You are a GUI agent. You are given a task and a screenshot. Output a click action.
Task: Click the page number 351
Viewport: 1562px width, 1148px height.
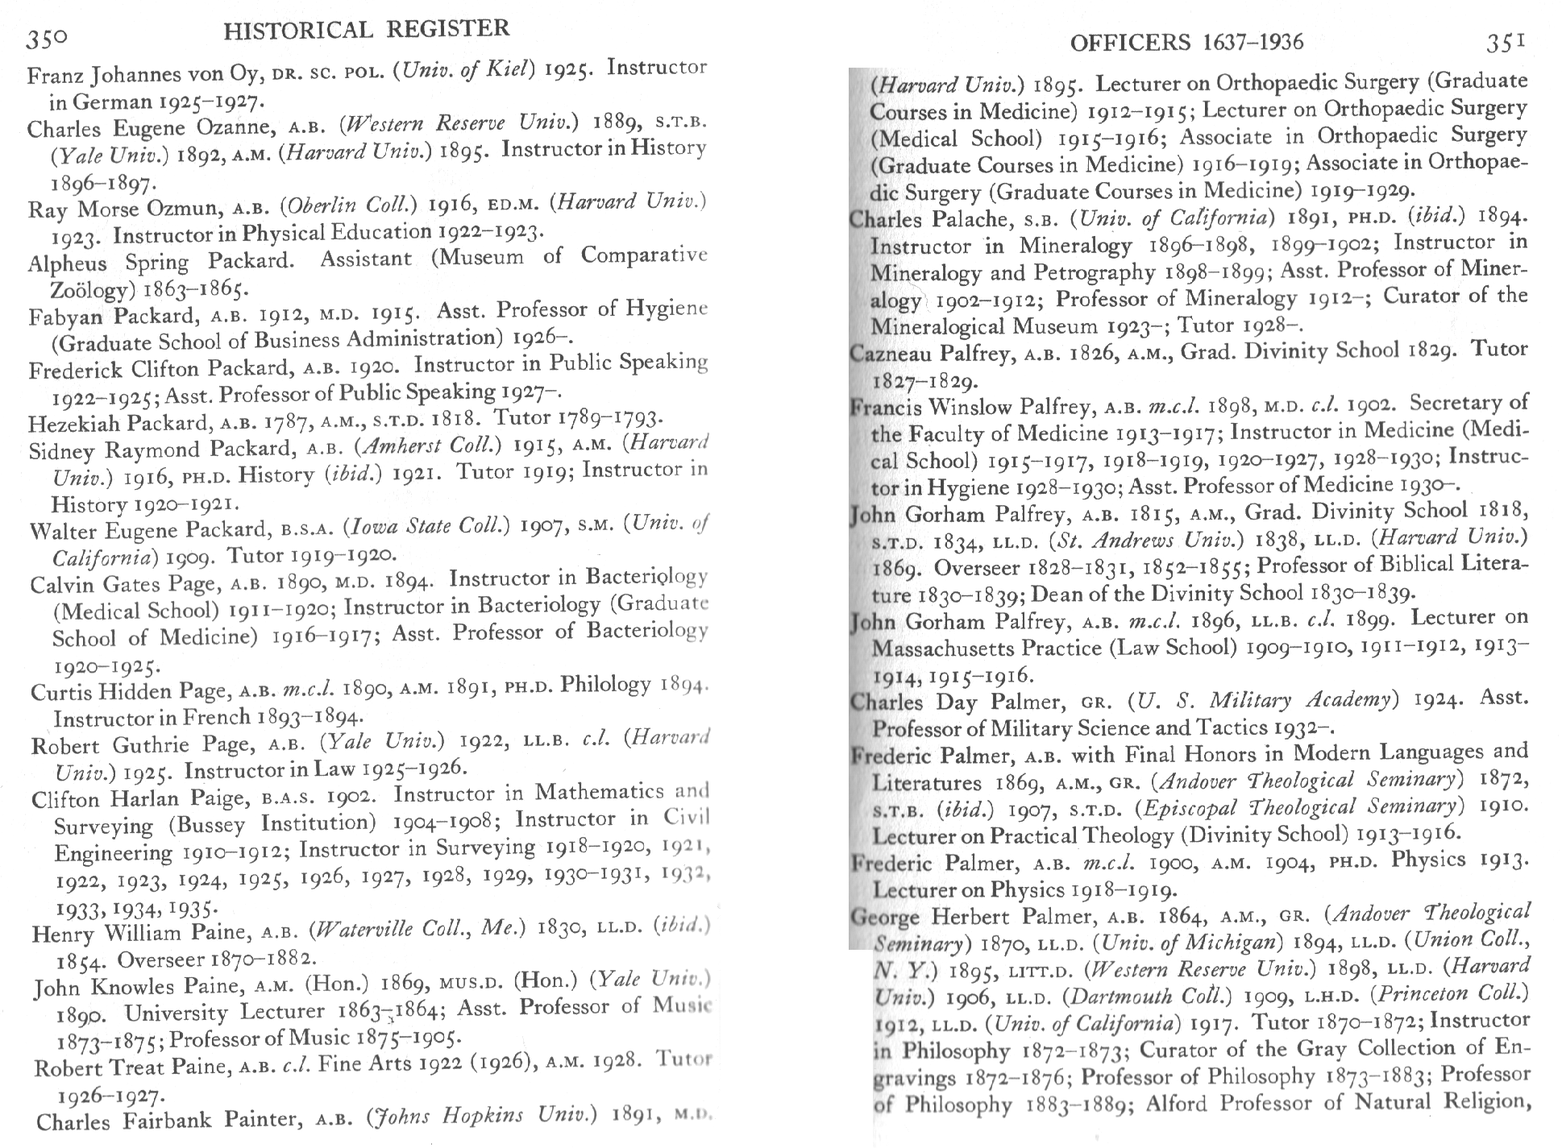[x=1506, y=42]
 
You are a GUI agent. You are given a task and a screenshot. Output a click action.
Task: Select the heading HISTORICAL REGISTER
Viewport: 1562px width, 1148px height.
[x=367, y=31]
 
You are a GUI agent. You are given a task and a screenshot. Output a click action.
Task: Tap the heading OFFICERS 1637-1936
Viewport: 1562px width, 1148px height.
[x=1186, y=42]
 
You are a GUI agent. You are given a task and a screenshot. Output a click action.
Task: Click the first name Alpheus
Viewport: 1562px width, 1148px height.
[x=67, y=263]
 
